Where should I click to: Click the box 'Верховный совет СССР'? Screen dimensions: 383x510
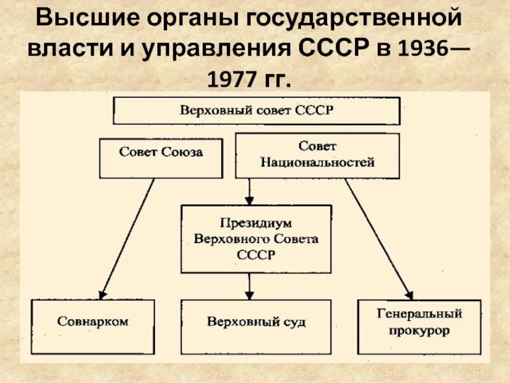256,110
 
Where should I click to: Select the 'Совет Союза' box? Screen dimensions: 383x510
161,159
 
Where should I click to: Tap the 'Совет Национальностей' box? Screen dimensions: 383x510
317,155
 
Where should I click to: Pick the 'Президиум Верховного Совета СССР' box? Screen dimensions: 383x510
256,239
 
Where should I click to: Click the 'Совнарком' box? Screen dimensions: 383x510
92,326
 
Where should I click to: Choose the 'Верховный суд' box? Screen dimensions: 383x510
256,326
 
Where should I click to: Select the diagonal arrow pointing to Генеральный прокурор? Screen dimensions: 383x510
379,239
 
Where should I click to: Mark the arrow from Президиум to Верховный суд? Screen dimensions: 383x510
249,286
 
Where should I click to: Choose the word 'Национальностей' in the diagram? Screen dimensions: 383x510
317,163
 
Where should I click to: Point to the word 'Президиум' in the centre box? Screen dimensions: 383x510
256,224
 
